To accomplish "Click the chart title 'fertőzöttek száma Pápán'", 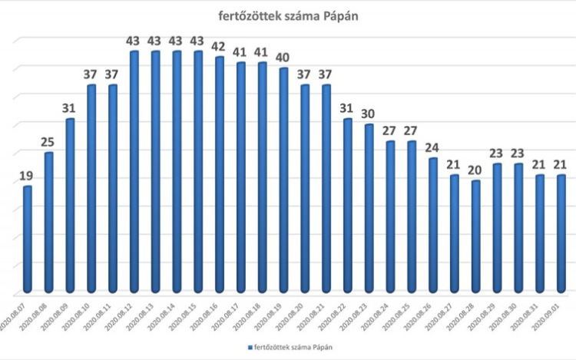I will click(x=288, y=17).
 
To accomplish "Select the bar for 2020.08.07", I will click(x=28, y=239).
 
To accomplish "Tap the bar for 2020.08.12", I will click(x=134, y=172).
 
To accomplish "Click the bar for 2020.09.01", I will click(x=562, y=233).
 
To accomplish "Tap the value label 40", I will click(x=283, y=58).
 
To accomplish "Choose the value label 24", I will click(x=433, y=148).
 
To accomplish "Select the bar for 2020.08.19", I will click(x=283, y=180).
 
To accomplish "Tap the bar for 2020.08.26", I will click(x=433, y=226).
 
